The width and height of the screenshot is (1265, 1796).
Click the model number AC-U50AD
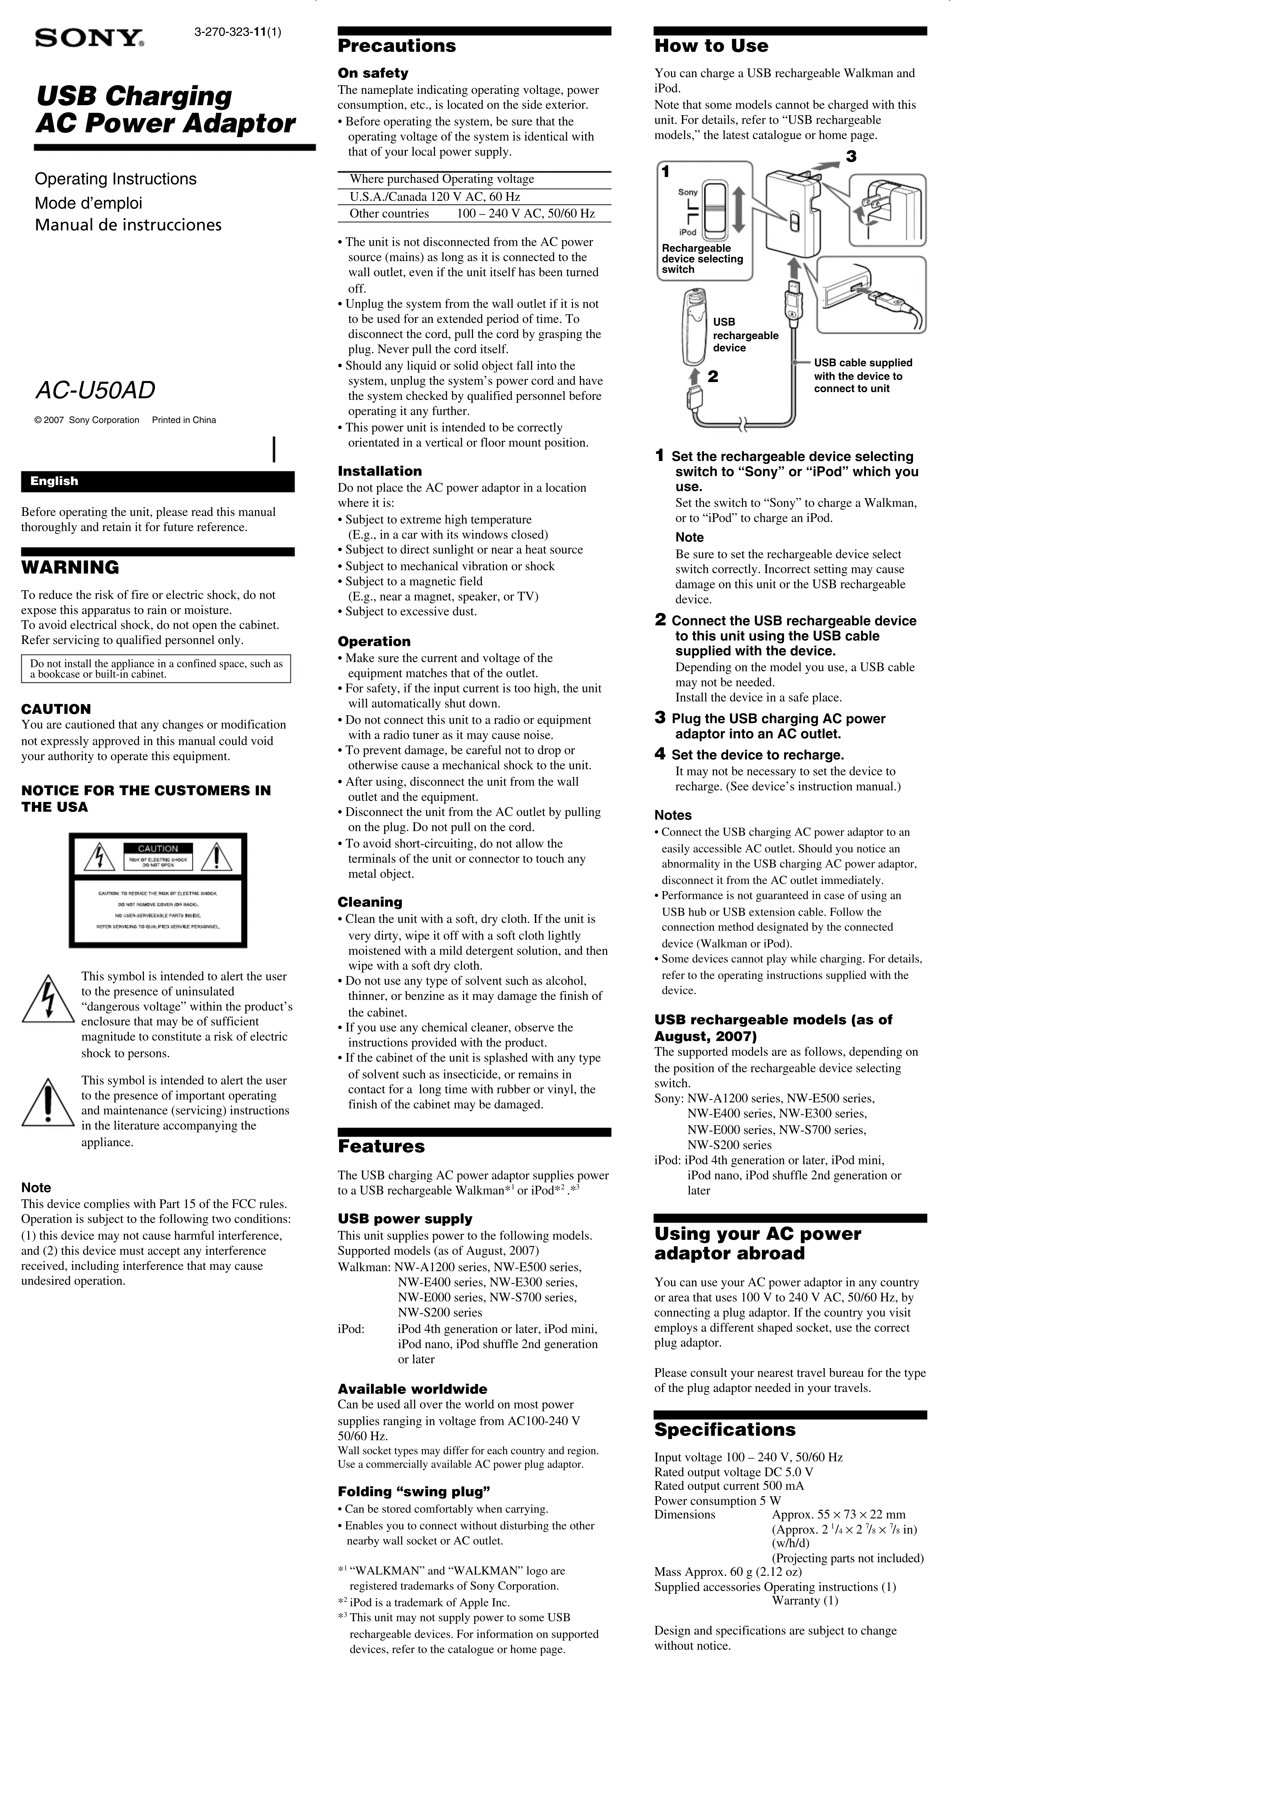(95, 390)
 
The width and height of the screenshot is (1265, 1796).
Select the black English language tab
(157, 481)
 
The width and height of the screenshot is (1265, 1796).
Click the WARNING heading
(71, 567)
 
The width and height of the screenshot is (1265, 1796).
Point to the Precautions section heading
(397, 46)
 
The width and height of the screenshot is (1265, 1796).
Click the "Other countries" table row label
(389, 213)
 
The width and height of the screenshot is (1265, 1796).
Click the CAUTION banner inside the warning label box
(158, 849)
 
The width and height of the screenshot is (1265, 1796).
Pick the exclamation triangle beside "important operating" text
(48, 1103)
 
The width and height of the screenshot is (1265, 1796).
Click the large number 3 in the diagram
(851, 156)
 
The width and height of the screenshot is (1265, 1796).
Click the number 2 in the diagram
(713, 376)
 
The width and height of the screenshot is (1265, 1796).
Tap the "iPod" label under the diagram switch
(688, 232)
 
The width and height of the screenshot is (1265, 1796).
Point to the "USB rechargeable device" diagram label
(745, 335)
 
